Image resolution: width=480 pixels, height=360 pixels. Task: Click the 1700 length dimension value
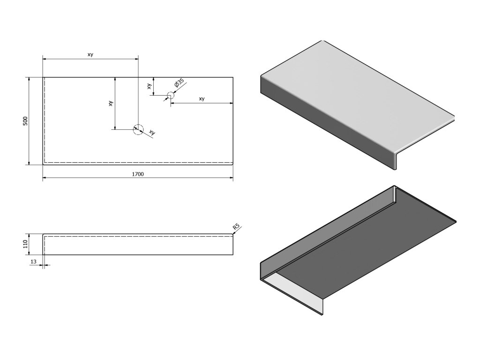click(137, 174)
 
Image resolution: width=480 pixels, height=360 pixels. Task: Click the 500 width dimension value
click(26, 120)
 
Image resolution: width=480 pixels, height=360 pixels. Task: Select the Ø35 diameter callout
click(178, 84)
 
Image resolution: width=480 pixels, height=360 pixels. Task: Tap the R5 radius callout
click(236, 227)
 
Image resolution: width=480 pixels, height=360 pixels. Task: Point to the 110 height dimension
click(26, 244)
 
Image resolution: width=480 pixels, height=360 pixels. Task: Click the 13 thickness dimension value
click(33, 261)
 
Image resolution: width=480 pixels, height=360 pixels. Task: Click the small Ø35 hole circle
click(170, 95)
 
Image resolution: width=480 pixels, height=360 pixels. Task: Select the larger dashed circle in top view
click(138, 129)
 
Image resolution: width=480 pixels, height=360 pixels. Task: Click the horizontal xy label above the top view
click(90, 55)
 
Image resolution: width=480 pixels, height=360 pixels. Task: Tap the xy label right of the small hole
click(202, 99)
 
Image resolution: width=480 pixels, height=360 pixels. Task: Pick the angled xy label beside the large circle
click(152, 133)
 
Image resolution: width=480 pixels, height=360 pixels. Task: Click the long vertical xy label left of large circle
click(111, 103)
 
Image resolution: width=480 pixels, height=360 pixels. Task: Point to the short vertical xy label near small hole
click(149, 86)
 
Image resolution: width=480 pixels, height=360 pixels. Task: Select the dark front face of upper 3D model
click(323, 127)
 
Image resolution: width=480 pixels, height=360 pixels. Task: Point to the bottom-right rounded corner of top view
click(232, 164)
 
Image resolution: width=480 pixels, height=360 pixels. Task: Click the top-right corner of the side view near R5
click(232, 234)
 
